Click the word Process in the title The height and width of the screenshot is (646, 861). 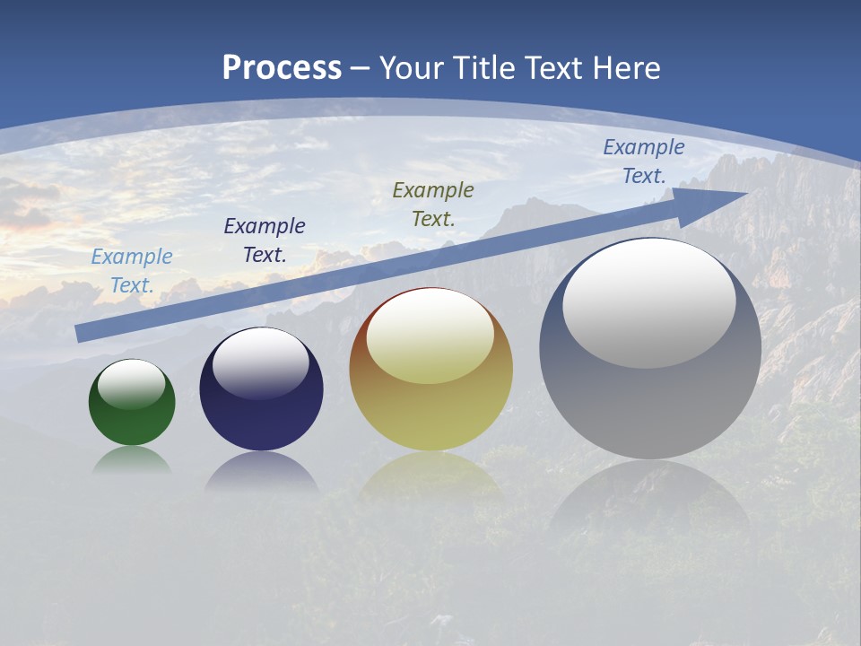coord(282,68)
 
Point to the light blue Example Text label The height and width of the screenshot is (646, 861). coord(132,271)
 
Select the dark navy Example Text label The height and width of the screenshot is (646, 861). coord(265,240)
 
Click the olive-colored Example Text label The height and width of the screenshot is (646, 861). coord(433,205)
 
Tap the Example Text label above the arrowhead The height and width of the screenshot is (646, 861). coord(644,161)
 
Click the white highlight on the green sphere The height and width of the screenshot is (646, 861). coord(132,384)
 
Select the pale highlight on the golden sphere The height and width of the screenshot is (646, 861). coord(430,337)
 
